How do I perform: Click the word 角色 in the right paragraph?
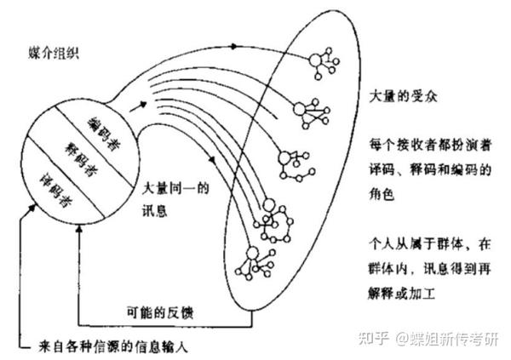[383, 193]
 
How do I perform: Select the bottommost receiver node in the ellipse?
[253, 253]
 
